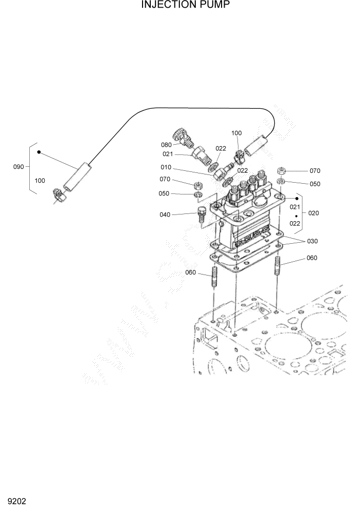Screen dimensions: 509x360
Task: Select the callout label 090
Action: click(18, 167)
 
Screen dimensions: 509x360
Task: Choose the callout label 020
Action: click(314, 213)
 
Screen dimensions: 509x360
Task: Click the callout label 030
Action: click(313, 241)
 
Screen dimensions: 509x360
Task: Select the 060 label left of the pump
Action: click(190, 272)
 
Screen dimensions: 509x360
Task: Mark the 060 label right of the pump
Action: click(312, 258)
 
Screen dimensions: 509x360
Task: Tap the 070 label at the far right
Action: click(314, 171)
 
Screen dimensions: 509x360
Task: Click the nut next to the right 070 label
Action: click(282, 171)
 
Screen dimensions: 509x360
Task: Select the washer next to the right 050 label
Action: click(282, 182)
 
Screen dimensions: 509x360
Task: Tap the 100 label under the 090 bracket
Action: click(39, 181)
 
